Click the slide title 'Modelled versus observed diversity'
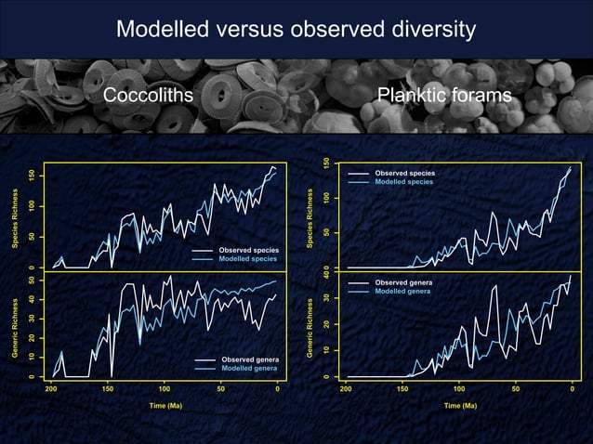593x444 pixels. (x=296, y=30)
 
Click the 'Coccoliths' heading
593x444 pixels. (x=148, y=97)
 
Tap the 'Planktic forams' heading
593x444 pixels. (x=444, y=97)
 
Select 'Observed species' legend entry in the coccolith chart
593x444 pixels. (x=248, y=251)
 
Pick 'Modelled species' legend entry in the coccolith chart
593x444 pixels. (x=248, y=260)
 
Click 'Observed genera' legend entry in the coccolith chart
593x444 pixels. (x=248, y=359)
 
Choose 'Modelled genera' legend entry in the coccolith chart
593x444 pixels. (x=248, y=369)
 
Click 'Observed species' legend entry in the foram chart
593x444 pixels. (x=404, y=173)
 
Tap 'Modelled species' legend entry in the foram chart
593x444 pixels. (x=404, y=182)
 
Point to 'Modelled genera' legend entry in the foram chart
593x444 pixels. (x=404, y=292)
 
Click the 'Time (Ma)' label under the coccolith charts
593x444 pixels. (x=164, y=406)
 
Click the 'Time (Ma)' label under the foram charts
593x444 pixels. (x=459, y=406)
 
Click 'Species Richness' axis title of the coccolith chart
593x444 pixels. (x=15, y=218)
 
